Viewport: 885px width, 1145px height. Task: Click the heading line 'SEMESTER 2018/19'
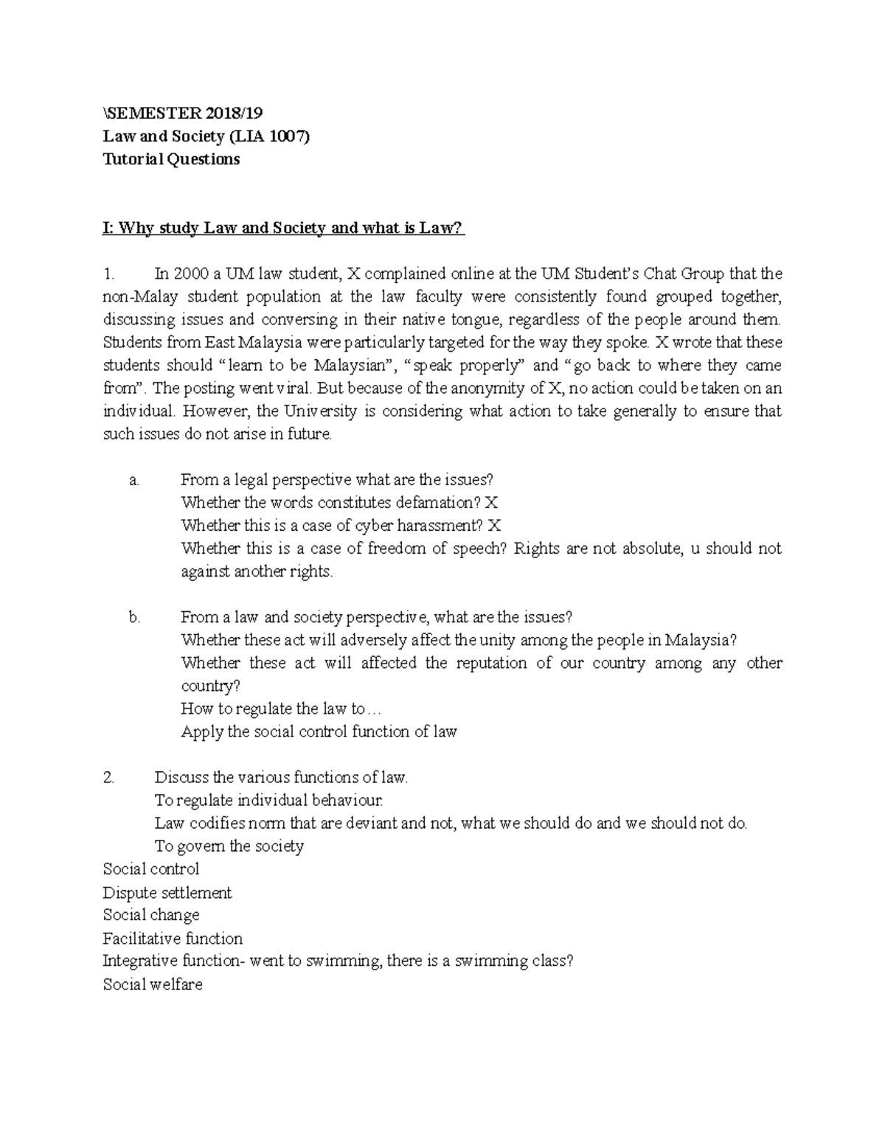click(184, 113)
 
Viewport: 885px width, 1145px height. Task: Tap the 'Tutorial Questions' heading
click(171, 159)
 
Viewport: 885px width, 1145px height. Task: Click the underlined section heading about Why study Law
click(284, 228)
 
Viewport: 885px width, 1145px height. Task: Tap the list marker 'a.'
click(133, 480)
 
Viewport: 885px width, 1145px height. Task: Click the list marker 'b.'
click(133, 618)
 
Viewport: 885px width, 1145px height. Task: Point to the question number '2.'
click(109, 777)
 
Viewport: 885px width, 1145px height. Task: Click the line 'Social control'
click(151, 869)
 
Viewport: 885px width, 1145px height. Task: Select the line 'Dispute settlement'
click(167, 893)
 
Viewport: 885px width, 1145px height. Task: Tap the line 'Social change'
click(151, 915)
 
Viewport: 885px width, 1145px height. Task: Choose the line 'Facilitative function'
click(173, 939)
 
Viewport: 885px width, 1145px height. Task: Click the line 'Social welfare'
click(153, 984)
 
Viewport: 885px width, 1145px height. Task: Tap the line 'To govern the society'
click(229, 846)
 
